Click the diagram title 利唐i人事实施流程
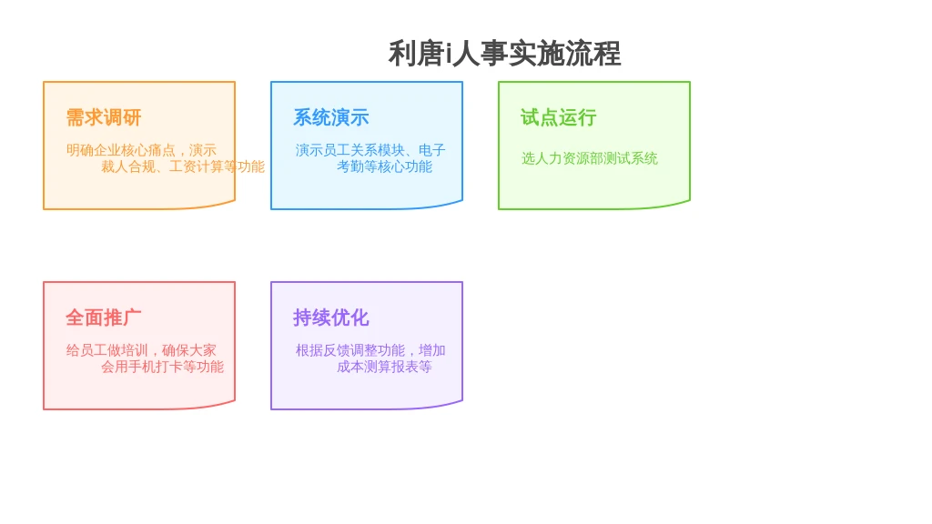504,54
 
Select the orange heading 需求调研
104,117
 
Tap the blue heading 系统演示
331,117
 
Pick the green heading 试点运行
559,117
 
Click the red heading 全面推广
104,317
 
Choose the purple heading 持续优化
331,317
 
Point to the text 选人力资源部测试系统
590,158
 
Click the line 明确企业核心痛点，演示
141,150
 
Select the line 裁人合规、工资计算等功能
182,167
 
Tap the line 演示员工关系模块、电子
370,150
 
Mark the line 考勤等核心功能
385,167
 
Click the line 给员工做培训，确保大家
141,350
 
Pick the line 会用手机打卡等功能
162,368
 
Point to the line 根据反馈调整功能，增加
370,350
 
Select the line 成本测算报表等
385,368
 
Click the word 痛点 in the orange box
162,150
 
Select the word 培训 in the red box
135,350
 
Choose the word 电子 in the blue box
432,150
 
